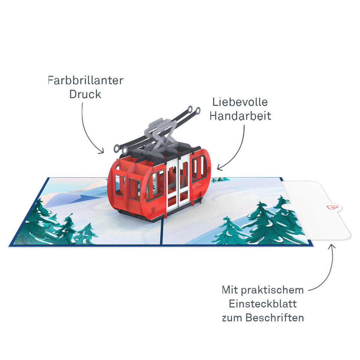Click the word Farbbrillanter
(86, 81)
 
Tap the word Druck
(85, 94)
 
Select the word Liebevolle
(240, 102)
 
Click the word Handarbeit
(240, 116)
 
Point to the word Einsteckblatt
(263, 304)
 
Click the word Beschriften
(275, 318)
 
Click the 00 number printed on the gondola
(194, 186)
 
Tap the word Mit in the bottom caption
(230, 290)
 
